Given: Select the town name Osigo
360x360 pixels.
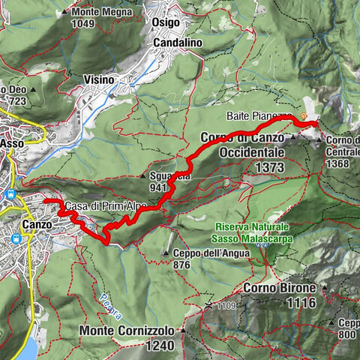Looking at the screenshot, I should pos(166,23).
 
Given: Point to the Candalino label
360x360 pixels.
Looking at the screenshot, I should pos(178,43).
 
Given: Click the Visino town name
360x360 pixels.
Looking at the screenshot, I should pos(99,79).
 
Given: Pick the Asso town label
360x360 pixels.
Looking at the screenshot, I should pos(12,142).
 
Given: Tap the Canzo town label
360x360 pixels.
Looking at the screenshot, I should pos(37,224).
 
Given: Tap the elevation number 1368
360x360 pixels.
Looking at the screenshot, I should pos(336,163).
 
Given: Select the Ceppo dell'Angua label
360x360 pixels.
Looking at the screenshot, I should pos(199,253).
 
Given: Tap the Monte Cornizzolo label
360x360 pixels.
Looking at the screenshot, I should pos(132,331).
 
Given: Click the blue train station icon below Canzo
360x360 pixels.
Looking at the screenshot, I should pos(16,239).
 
